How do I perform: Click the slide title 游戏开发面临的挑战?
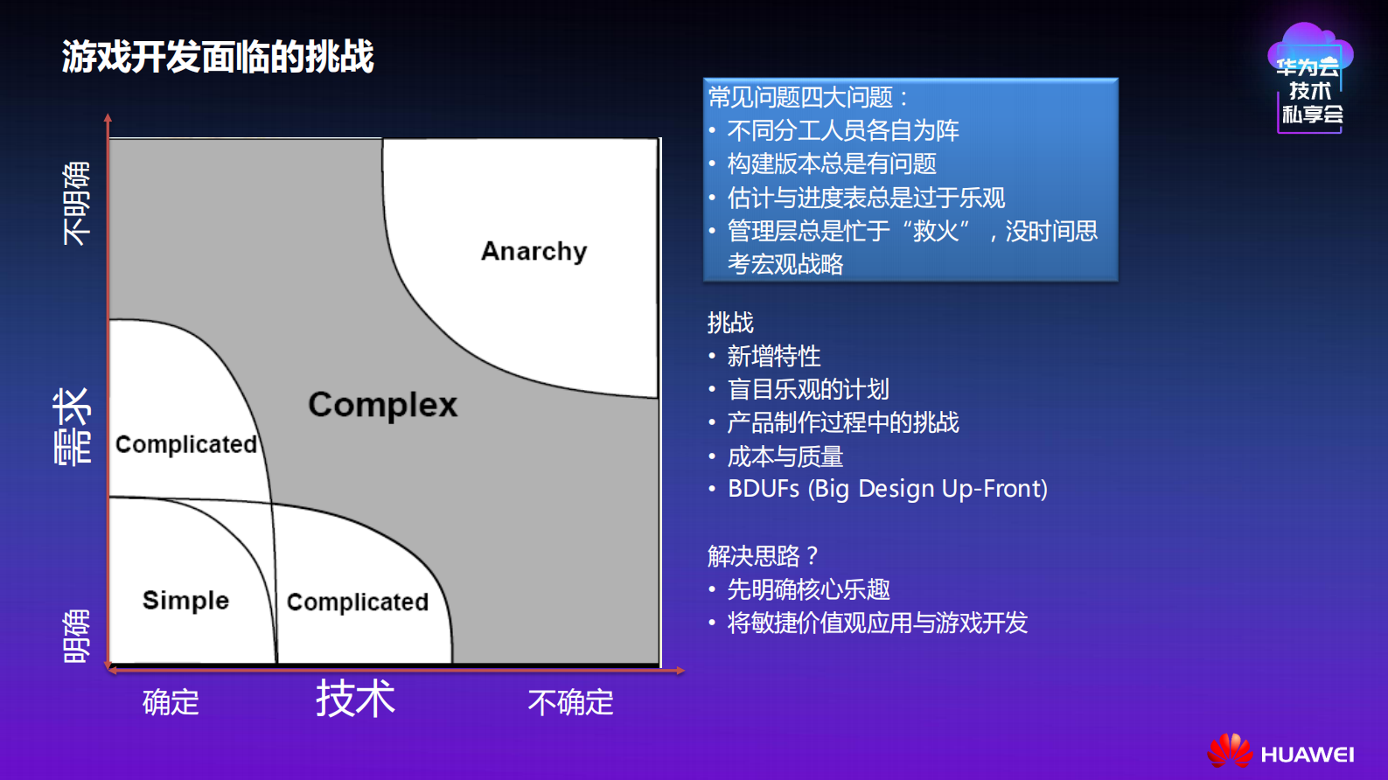[x=218, y=57]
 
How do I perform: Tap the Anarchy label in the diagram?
[x=534, y=251]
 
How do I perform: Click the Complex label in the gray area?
[x=382, y=405]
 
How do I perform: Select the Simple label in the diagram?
[x=185, y=601]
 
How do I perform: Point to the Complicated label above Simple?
[x=186, y=444]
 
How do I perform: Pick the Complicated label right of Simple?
[x=358, y=602]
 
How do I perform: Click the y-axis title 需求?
[x=73, y=427]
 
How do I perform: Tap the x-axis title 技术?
[x=355, y=699]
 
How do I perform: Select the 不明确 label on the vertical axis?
[x=76, y=203]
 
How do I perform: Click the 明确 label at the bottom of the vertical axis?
[x=76, y=636]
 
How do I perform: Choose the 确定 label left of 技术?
[x=171, y=702]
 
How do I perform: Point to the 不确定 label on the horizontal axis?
[x=570, y=702]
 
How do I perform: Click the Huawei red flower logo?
[x=1230, y=751]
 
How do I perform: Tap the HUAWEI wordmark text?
[x=1308, y=755]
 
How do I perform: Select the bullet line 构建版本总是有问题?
[x=831, y=164]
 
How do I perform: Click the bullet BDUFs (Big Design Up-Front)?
[x=887, y=489]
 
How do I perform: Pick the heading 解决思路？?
[x=762, y=556]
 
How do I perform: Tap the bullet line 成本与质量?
[x=785, y=456]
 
